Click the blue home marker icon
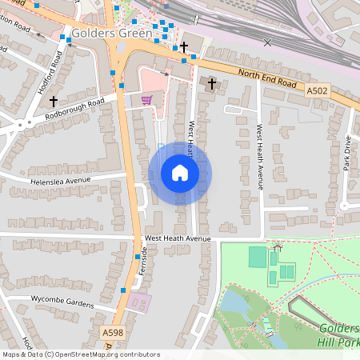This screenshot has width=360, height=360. tap(180, 173)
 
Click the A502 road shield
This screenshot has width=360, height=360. tap(317, 91)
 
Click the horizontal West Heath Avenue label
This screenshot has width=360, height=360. tap(177, 238)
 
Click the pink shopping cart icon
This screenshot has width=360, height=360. tap(146, 100)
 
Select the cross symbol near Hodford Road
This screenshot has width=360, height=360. tap(54, 102)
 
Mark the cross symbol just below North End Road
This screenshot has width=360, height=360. tap(212, 83)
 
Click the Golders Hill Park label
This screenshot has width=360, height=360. tap(339, 335)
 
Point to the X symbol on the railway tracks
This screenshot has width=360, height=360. tap(267, 42)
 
